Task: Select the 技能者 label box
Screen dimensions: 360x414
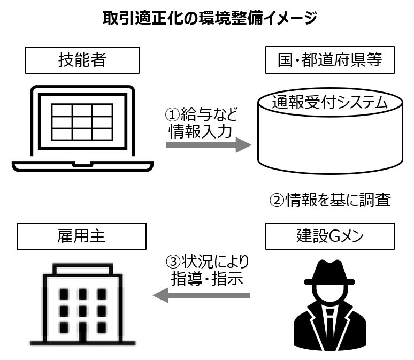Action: click(x=81, y=60)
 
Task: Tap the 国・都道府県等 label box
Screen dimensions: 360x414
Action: click(x=330, y=60)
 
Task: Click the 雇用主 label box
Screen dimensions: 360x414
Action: click(x=81, y=236)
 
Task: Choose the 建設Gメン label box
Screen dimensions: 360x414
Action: click(x=330, y=236)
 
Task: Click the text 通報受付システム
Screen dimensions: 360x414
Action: click(x=330, y=102)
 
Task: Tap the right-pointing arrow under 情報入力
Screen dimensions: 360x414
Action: click(x=209, y=145)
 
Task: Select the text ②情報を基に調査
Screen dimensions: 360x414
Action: click(x=330, y=201)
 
